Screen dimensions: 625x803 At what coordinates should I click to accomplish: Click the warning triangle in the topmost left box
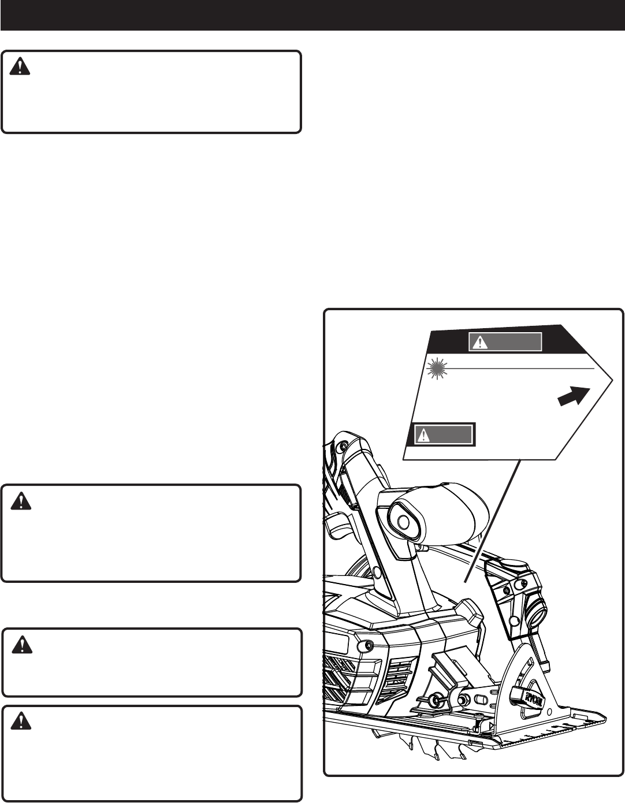click(x=20, y=68)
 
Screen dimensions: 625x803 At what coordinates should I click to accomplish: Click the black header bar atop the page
click(x=312, y=15)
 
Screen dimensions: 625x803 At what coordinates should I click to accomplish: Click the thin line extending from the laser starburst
click(x=520, y=367)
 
